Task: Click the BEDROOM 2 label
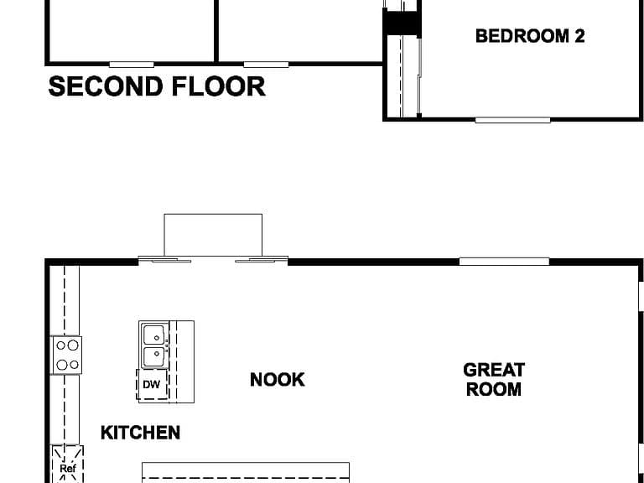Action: (530, 36)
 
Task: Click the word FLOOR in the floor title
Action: (219, 86)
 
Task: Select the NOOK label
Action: (278, 380)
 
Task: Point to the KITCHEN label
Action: (141, 433)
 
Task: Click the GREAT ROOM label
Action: (494, 380)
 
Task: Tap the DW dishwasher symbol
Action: (152, 384)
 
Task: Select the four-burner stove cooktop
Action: (66, 356)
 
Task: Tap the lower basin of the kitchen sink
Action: (153, 357)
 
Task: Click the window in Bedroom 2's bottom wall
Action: (512, 120)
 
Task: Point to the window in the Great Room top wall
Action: (504, 262)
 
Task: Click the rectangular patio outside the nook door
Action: (213, 235)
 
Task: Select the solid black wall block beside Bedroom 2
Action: (402, 23)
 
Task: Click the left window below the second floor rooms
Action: (132, 65)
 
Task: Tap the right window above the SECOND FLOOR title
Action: (266, 65)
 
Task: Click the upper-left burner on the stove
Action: (60, 345)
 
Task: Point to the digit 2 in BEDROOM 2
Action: (579, 36)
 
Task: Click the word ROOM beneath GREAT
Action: (494, 389)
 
